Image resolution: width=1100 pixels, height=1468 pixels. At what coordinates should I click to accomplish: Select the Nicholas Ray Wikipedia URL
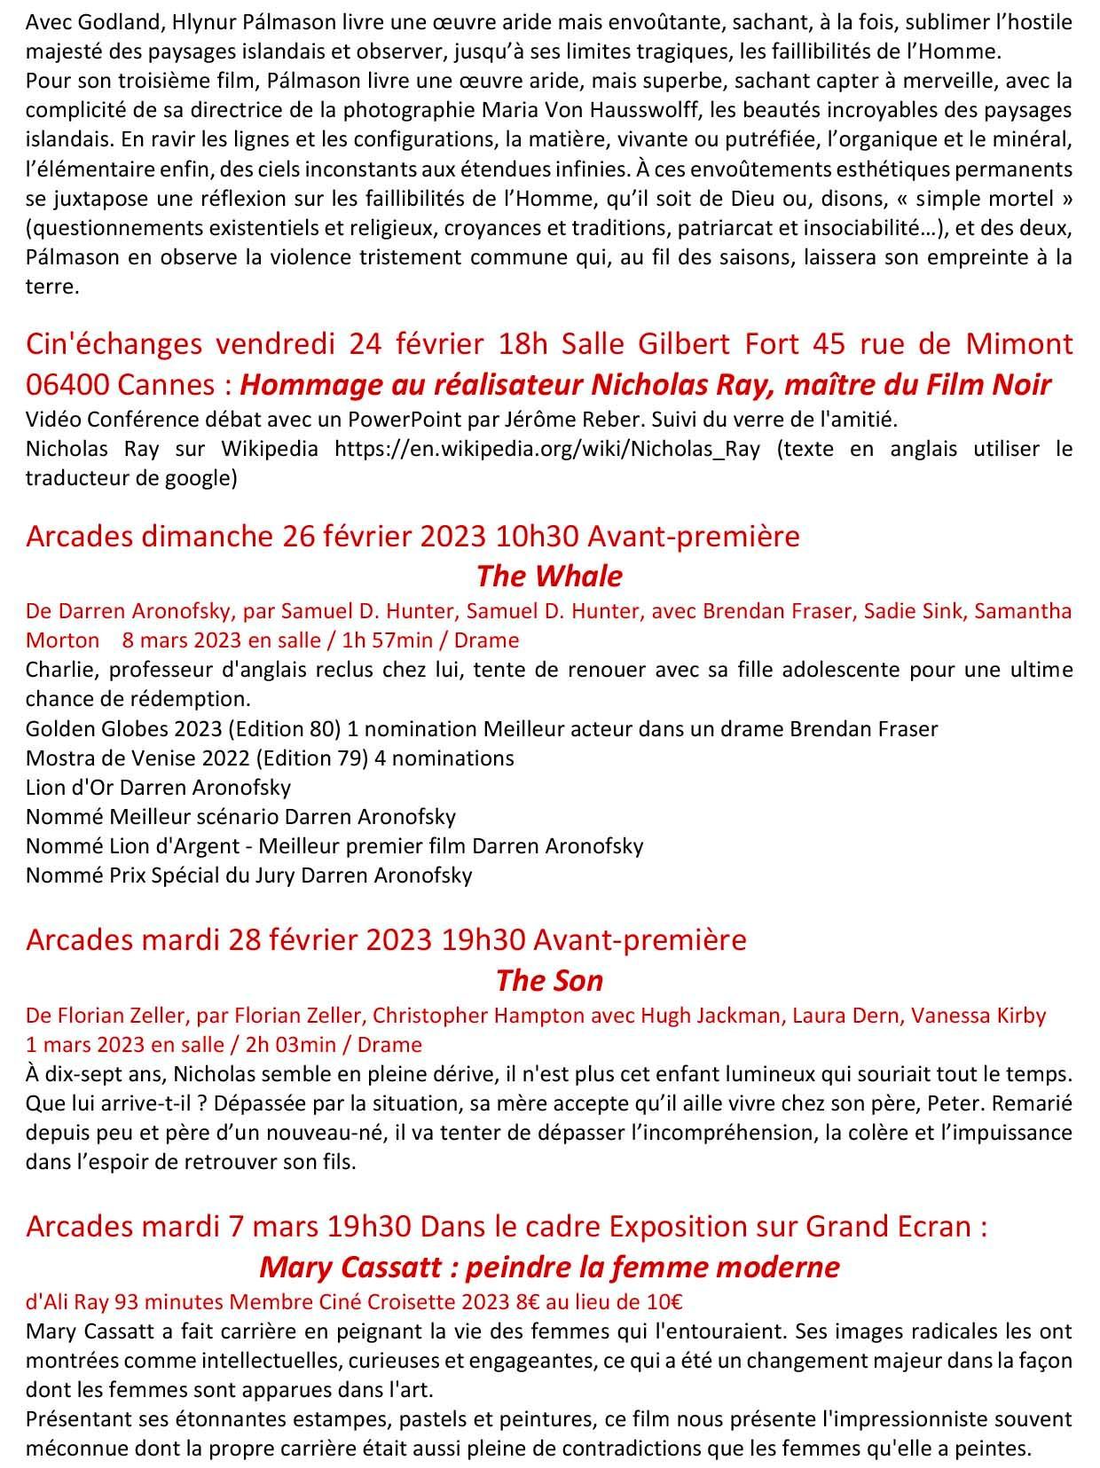click(546, 448)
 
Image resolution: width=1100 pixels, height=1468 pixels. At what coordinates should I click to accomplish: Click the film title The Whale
click(549, 577)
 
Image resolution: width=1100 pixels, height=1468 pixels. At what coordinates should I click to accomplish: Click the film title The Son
click(549, 980)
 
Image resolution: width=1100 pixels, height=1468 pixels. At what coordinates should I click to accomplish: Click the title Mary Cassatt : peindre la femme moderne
click(549, 1266)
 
